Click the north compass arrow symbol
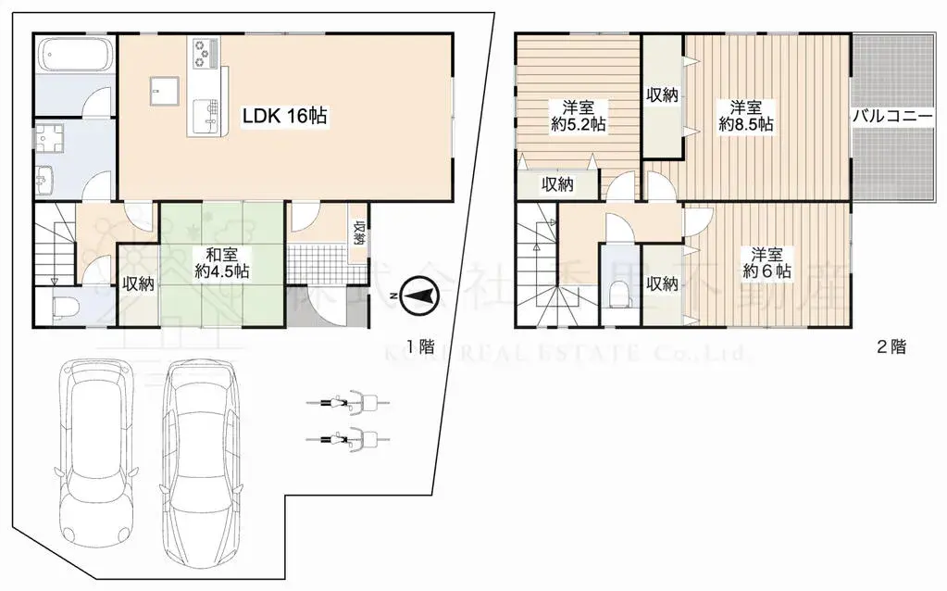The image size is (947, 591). (x=417, y=296)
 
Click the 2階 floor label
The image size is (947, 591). (x=891, y=348)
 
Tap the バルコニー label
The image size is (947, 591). (x=895, y=117)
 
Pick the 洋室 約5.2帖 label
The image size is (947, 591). (x=579, y=115)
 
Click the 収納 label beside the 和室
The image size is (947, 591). (x=139, y=283)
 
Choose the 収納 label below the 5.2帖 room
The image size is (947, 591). (x=557, y=184)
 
